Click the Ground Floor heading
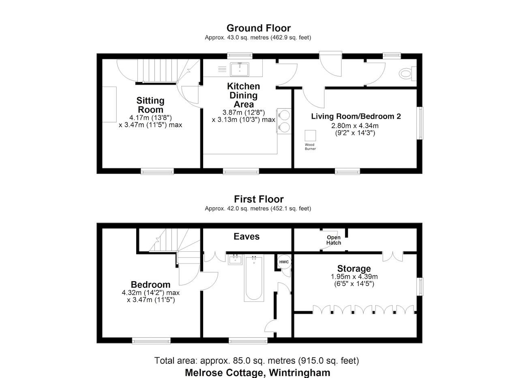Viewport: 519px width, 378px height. tap(258, 28)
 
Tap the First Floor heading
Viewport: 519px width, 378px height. tap(258, 199)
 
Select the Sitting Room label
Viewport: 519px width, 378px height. tap(150, 105)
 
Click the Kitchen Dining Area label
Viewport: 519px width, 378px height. tap(243, 95)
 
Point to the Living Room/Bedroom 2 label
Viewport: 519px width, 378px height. tap(356, 116)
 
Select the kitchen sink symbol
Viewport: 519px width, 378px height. tap(240, 69)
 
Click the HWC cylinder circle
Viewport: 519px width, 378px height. tap(284, 262)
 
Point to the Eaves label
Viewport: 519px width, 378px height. tap(247, 236)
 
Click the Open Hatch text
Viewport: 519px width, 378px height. tap(334, 240)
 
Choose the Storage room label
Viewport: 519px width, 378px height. tap(354, 268)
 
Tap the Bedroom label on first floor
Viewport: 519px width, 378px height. tap(150, 285)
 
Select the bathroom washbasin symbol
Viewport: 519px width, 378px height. tap(235, 259)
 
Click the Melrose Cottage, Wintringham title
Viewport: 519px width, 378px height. tap(257, 372)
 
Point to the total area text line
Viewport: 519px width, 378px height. tap(257, 360)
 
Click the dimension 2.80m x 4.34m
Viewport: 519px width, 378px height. tap(355, 126)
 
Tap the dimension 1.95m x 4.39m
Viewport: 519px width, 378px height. tap(354, 276)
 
